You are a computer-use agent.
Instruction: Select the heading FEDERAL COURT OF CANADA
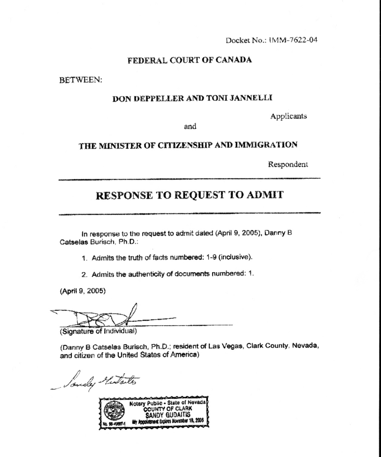(190, 60)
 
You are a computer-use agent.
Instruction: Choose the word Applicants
(288, 116)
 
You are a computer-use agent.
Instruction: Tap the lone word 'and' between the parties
(190, 127)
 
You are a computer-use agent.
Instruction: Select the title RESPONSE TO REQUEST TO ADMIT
(190, 195)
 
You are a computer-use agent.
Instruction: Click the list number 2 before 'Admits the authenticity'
(84, 274)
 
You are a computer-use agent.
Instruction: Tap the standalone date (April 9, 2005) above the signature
(83, 291)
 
